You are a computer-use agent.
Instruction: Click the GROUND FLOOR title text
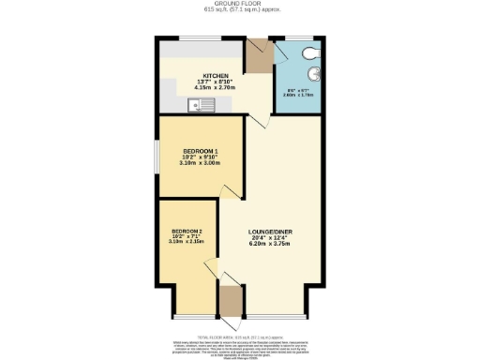click(x=239, y=4)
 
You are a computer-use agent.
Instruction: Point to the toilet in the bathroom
click(x=308, y=52)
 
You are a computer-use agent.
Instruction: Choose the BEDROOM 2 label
click(x=187, y=232)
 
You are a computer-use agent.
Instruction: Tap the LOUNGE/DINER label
click(x=272, y=232)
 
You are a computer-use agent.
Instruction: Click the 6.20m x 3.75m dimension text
click(x=272, y=245)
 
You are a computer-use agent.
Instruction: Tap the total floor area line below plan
click(x=239, y=335)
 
